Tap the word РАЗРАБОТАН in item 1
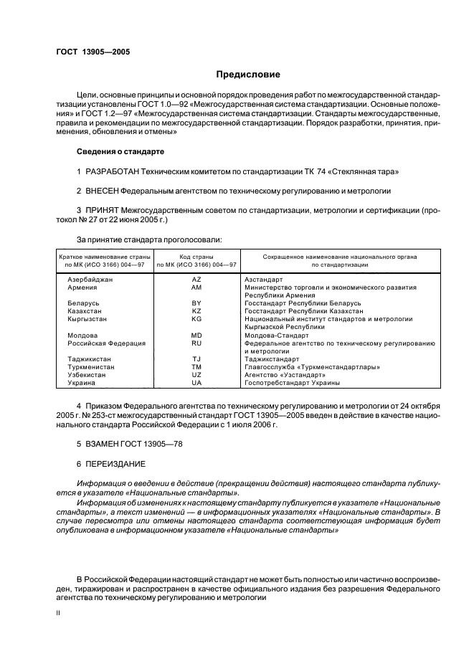114,172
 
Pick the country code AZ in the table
196,279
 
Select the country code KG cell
196,318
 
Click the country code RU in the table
196,343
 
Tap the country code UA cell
196,383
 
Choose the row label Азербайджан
90,279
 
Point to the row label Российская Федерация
106,343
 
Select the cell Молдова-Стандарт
276,335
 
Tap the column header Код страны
196,256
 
